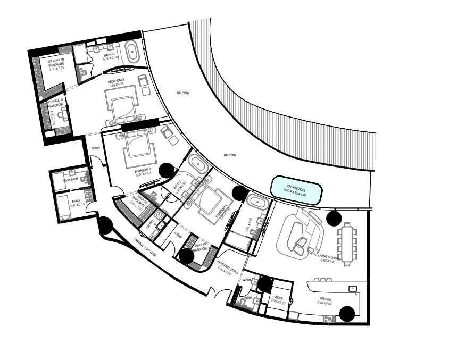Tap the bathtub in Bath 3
132,54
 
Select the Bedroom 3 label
115,82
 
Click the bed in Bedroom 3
123,103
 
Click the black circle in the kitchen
348,314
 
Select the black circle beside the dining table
334,217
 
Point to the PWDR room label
249,298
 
